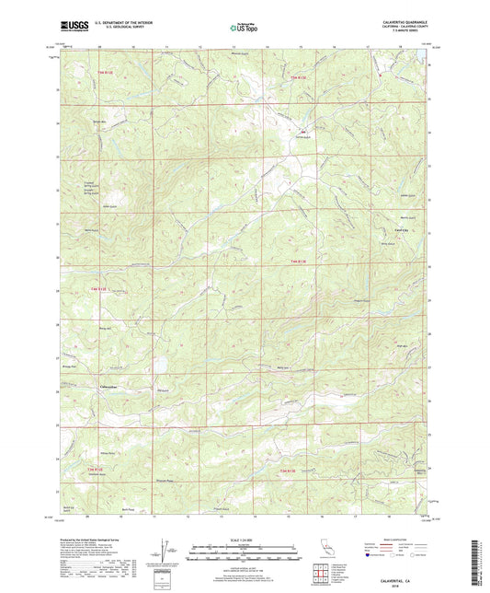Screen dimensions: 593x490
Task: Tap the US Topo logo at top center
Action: [245, 29]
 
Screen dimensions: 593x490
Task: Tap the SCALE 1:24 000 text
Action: [245, 540]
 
